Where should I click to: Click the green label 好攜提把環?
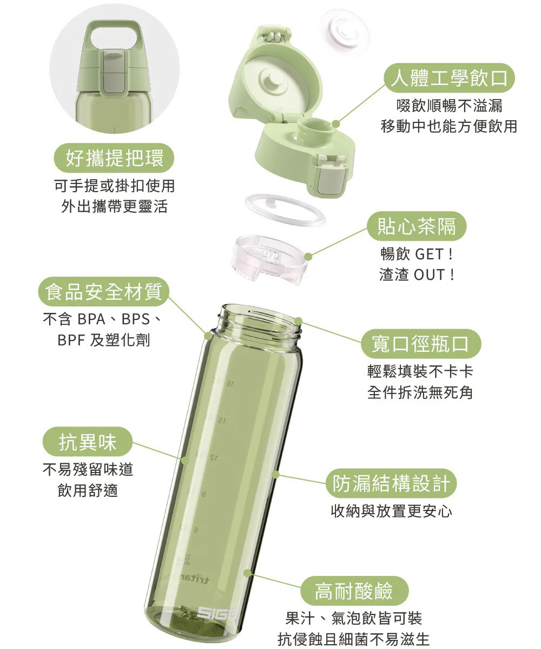coord(114,158)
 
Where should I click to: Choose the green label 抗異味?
coord(88,442)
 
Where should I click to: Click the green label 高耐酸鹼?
coord(354,589)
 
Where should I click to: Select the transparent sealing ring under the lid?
coord(285,210)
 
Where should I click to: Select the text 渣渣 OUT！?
coord(417,274)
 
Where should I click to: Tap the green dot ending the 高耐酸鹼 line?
coord(248,572)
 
